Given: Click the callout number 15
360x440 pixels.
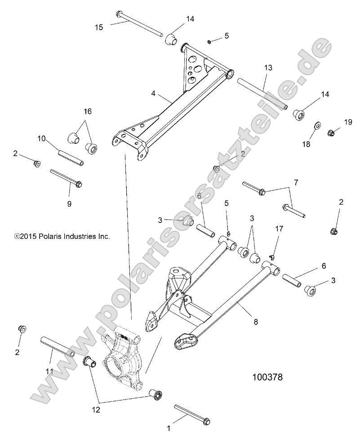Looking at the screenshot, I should click(99, 27).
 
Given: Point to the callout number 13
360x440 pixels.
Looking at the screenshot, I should click(268, 68).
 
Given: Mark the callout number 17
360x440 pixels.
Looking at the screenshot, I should click(279, 229).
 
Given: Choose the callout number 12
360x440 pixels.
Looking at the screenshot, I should click(96, 409).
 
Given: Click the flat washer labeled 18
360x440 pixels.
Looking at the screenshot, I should click(317, 124).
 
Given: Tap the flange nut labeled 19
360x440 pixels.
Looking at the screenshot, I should click(331, 133).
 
